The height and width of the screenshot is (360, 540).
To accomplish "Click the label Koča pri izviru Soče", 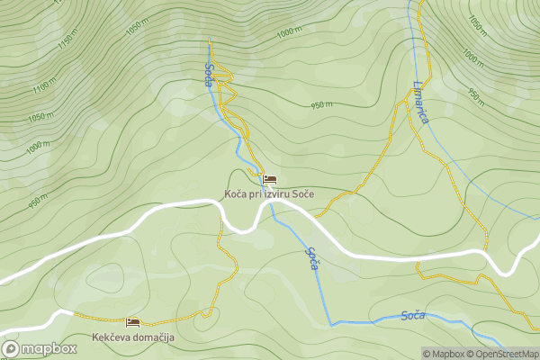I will coord(270,194).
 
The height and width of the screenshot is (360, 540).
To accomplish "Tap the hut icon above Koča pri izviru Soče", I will coord(270,180).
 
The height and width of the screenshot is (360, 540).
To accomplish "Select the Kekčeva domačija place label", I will coord(132,337).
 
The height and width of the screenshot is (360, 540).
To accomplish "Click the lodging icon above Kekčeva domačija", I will coord(133,321).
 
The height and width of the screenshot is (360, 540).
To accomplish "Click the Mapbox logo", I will coord(39,348).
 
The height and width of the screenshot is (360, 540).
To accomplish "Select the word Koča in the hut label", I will coord(236,194).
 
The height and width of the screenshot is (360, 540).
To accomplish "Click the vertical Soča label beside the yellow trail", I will coord(209,74).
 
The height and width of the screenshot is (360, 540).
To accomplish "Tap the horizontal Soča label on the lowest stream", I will coord(412,315).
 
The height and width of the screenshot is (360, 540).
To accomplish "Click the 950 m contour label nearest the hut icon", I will coord(322,105).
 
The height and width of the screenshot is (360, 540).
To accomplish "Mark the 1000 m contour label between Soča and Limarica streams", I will coord(289,32).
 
